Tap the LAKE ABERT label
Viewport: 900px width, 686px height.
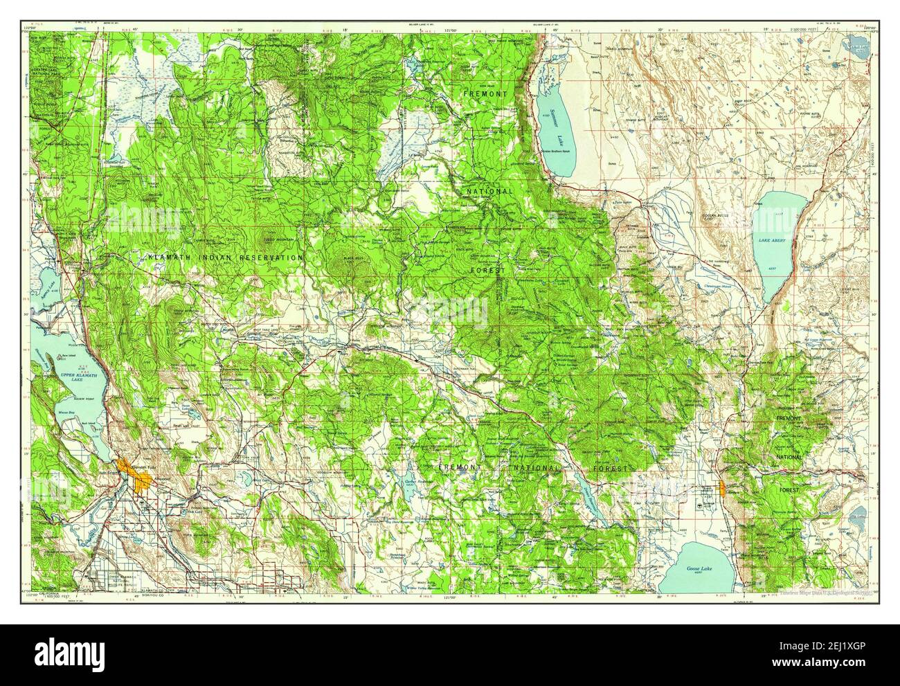[772, 240]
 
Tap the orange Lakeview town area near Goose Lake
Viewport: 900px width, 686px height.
[723, 489]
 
